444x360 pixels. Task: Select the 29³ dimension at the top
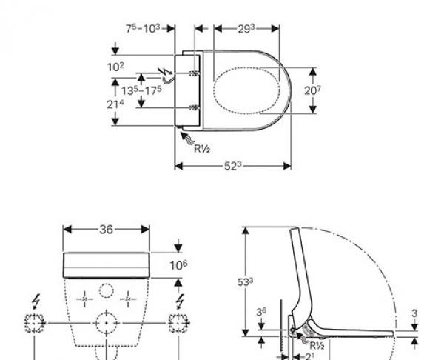(246, 28)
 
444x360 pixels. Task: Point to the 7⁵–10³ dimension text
(144, 28)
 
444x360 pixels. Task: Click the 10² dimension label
(115, 66)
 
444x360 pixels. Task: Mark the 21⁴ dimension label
(115, 104)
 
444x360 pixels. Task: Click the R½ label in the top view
(202, 149)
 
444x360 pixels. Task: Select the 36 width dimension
(107, 229)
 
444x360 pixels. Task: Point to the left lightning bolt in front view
(35, 302)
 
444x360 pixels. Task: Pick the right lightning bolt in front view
(180, 302)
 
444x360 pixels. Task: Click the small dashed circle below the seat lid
(107, 290)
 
